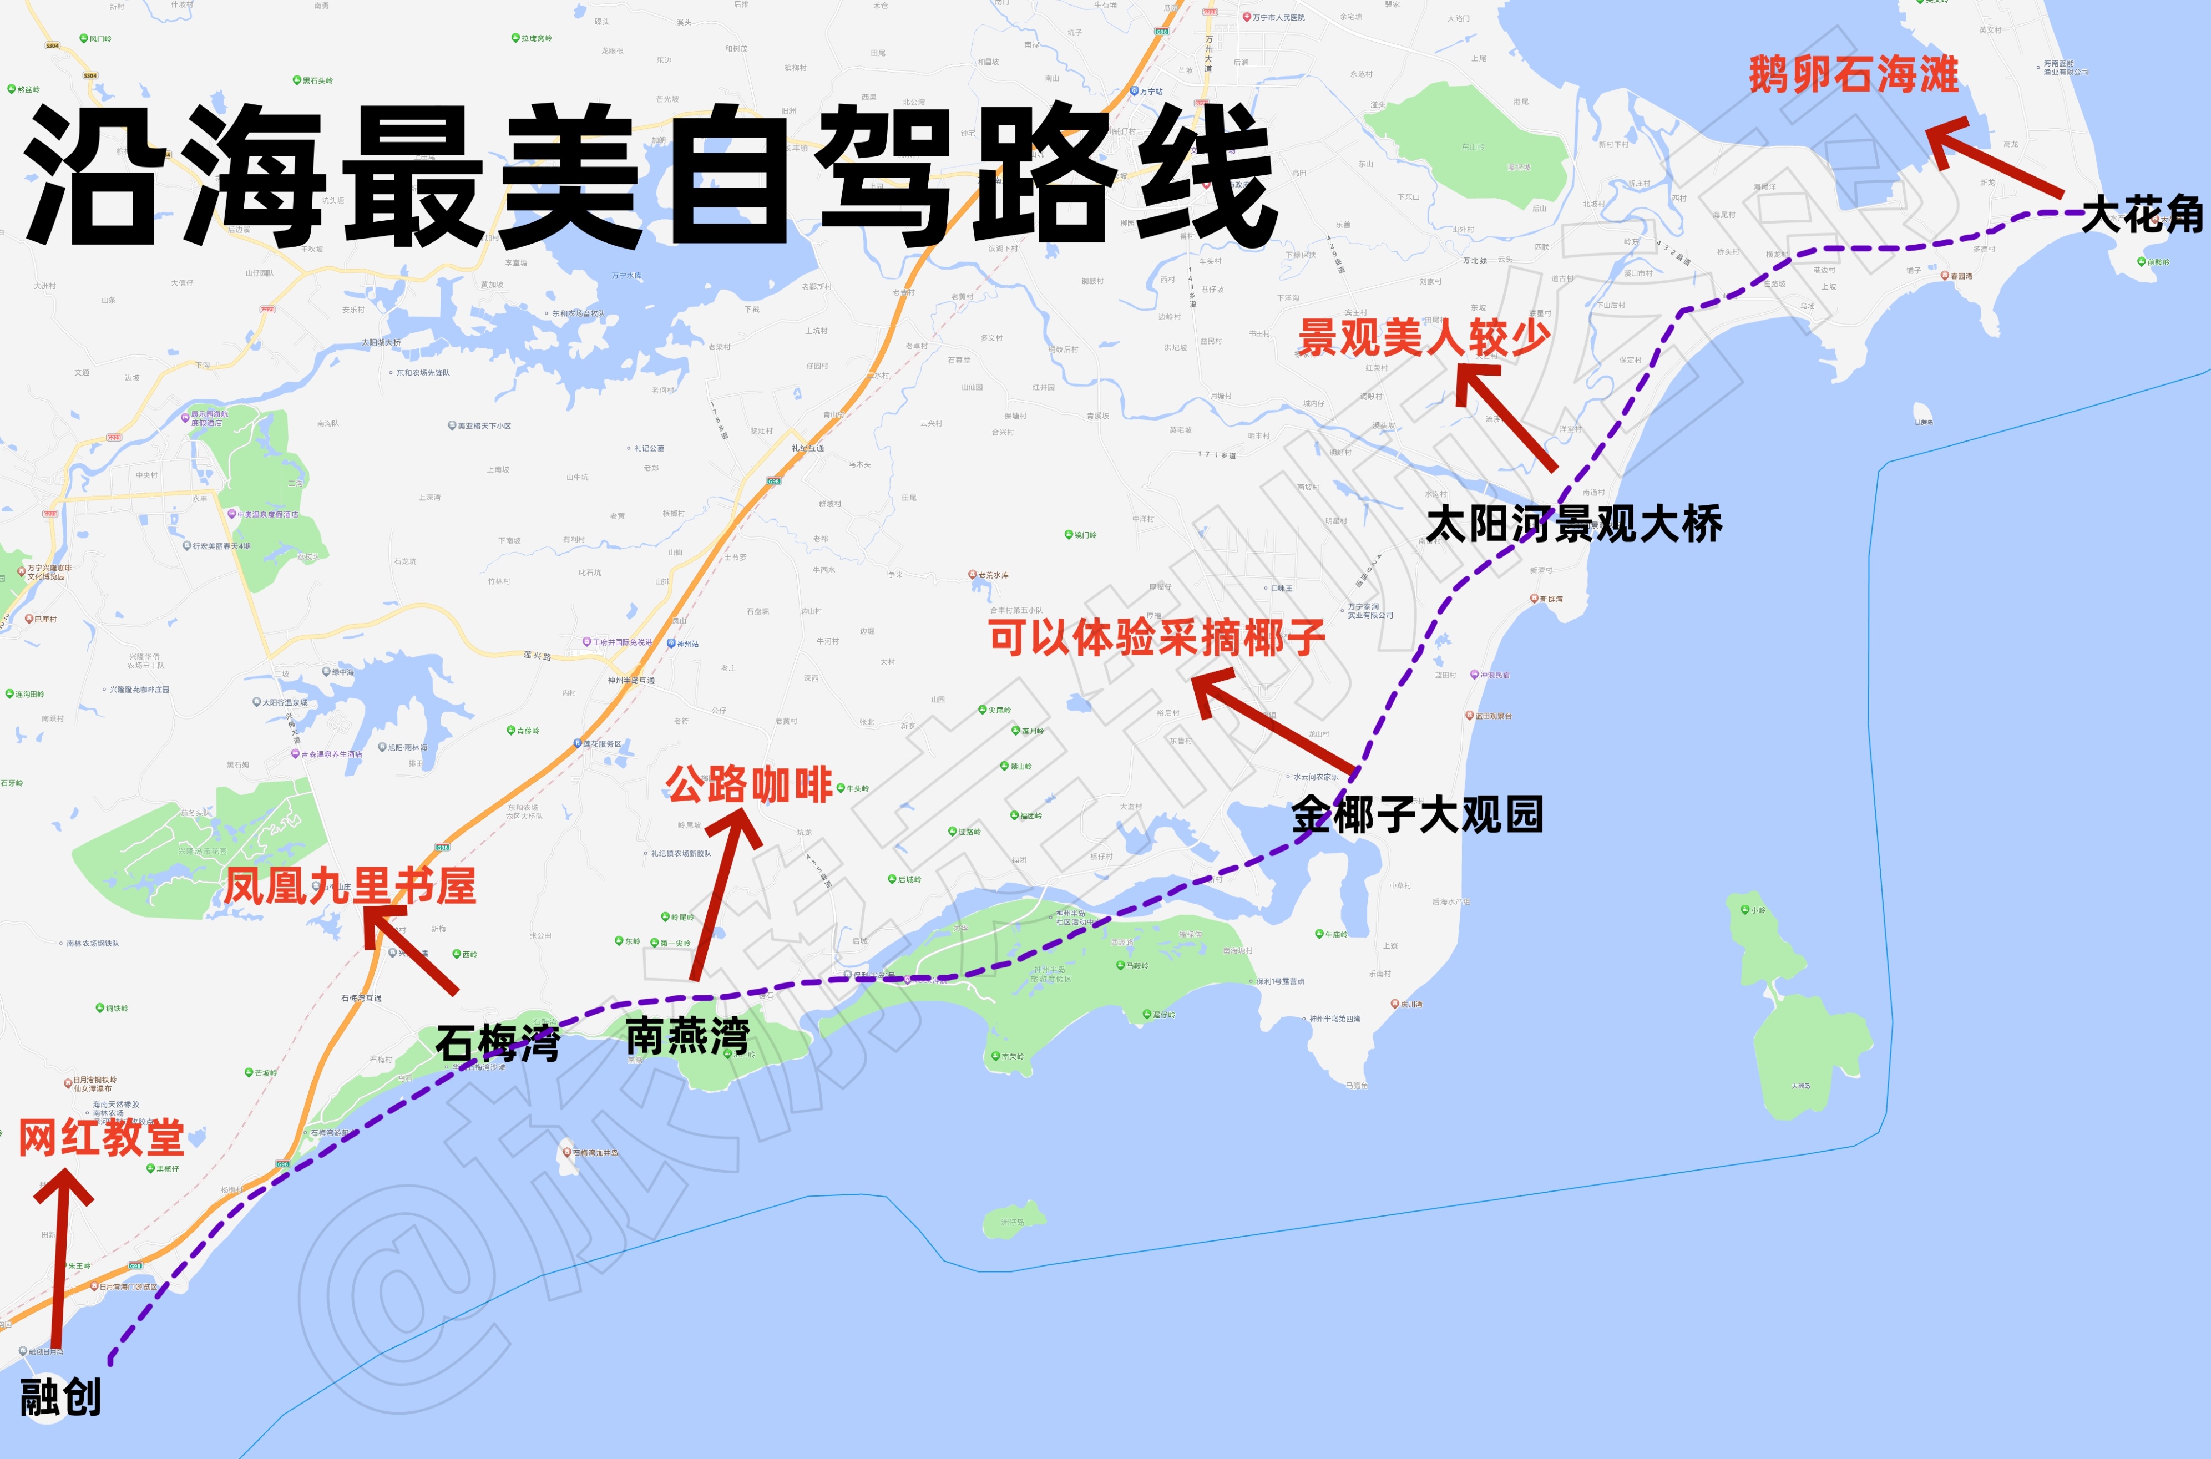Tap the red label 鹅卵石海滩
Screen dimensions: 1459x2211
1854,74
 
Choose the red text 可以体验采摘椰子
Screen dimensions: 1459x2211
1157,639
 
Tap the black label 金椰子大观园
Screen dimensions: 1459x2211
1417,815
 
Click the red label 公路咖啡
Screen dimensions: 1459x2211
749,784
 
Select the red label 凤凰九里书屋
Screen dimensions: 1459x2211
350,886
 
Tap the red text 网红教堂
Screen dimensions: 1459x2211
102,1137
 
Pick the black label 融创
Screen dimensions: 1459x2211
60,1397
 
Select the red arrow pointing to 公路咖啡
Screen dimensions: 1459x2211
721,893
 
